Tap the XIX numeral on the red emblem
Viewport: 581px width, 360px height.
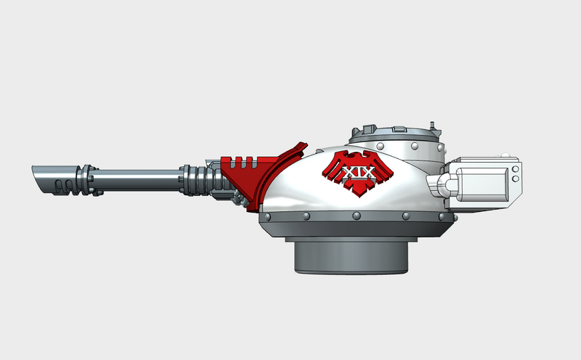(356, 174)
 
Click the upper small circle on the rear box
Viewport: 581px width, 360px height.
(515, 170)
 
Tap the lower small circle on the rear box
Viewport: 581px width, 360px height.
(515, 179)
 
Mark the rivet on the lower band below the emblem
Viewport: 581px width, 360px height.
(357, 216)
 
